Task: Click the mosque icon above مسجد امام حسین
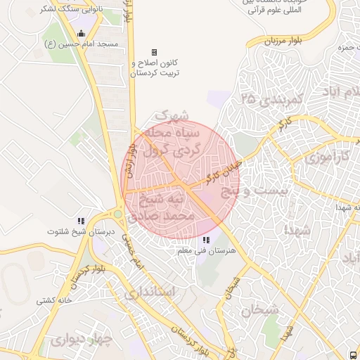click(x=81, y=33)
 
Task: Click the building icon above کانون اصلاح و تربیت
click(x=155, y=53)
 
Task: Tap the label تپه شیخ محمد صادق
click(x=167, y=208)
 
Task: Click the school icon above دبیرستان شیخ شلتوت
click(x=81, y=221)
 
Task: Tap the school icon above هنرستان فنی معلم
click(x=205, y=240)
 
